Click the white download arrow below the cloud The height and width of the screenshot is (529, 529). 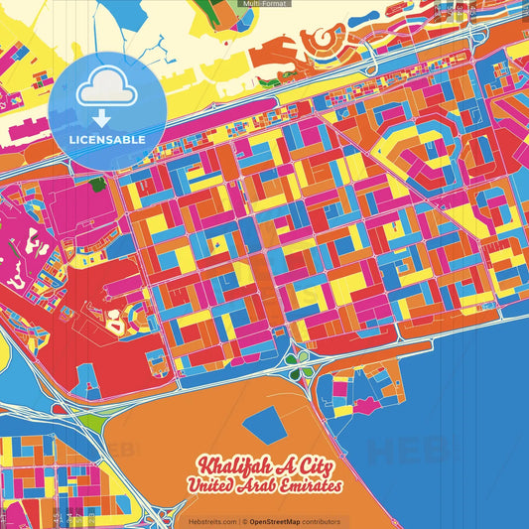pos(101,118)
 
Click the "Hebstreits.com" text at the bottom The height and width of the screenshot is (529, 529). pos(212,521)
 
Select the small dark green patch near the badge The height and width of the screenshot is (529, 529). pos(97,184)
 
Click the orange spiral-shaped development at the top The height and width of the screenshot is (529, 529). pos(322,41)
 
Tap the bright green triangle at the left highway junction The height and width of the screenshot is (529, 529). pos(91,422)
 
